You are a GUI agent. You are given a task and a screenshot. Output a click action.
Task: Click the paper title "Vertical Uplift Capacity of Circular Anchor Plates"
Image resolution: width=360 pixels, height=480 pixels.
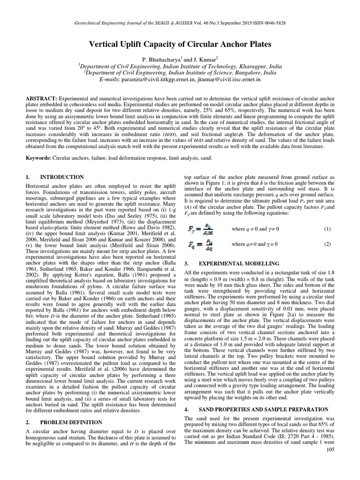click(x=180, y=45)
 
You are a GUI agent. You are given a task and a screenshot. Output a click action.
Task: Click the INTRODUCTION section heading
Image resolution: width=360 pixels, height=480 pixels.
click(x=62, y=177)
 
